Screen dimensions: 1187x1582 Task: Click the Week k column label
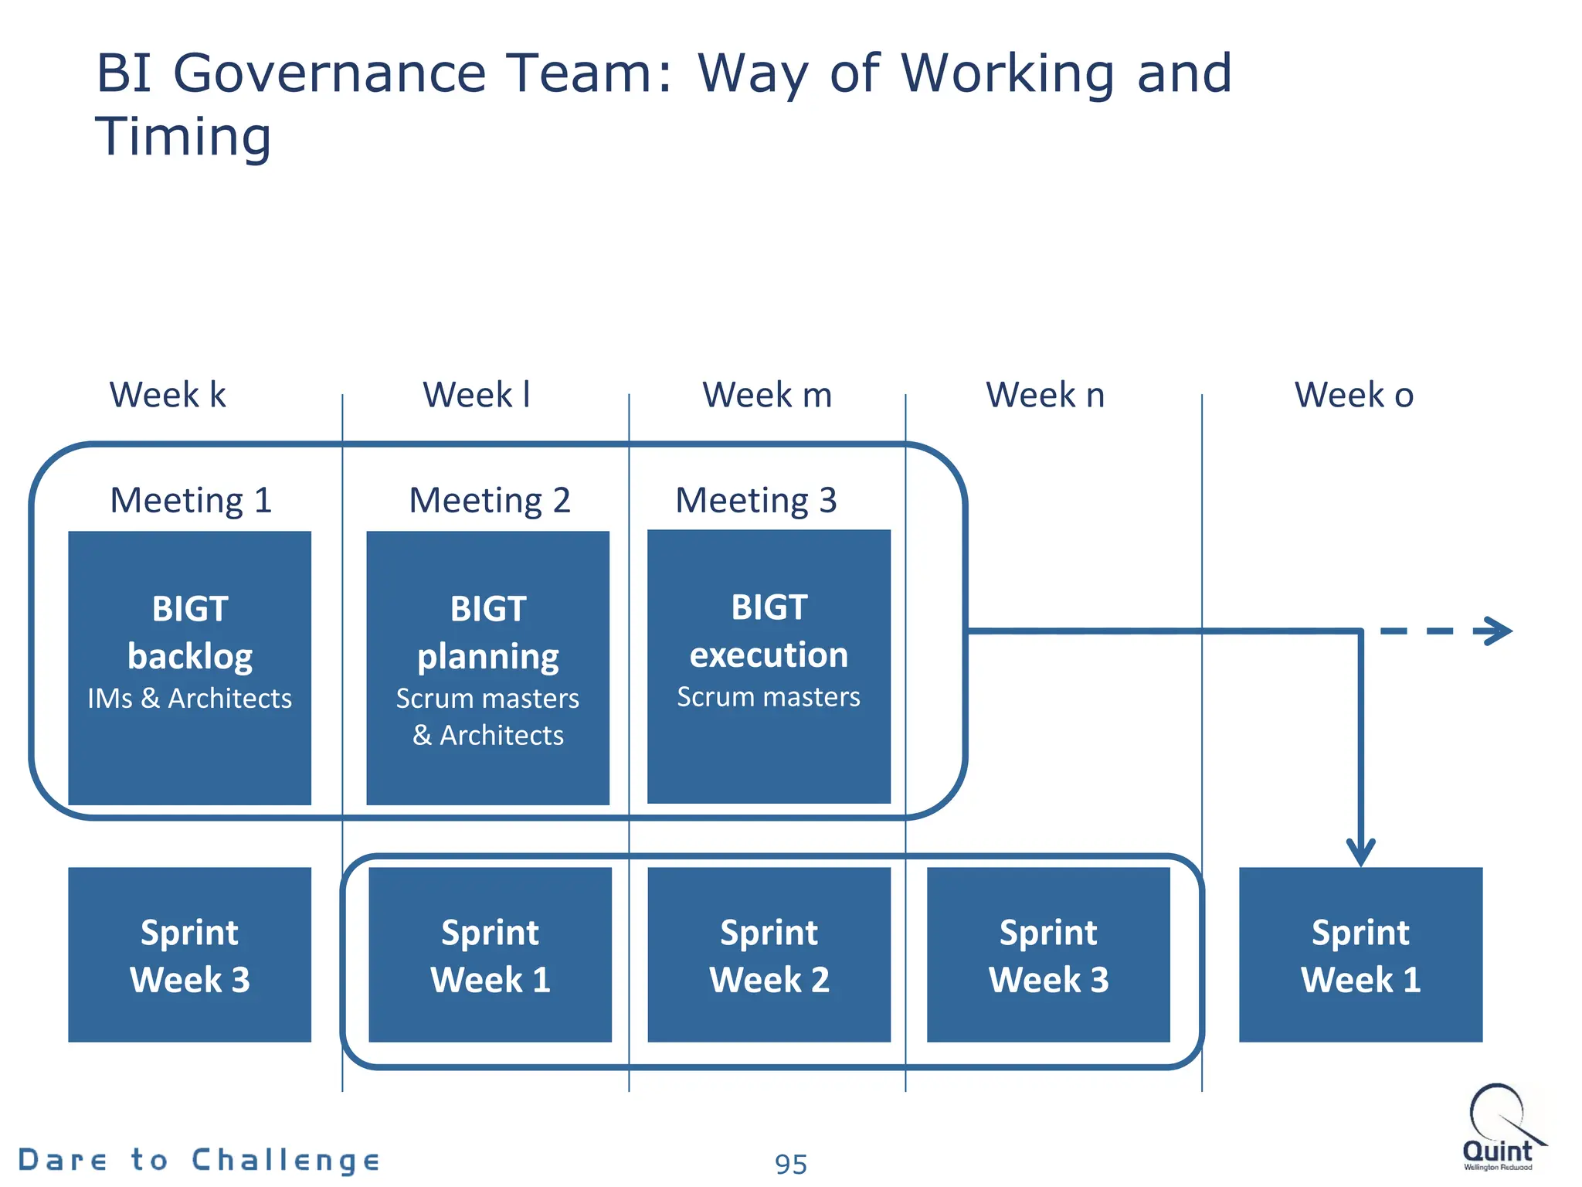point(168,395)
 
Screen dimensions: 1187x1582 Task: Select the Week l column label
point(477,395)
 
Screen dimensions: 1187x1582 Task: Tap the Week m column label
point(767,395)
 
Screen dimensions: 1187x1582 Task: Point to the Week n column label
point(1045,395)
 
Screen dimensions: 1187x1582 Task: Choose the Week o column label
point(1354,395)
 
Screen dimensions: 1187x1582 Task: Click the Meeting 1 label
point(191,500)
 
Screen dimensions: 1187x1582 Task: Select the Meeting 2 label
point(489,500)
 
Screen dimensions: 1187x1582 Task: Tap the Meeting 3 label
point(756,500)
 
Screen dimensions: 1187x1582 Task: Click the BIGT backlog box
point(189,668)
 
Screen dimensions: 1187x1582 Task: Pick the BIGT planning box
point(487,668)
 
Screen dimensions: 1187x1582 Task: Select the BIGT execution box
point(769,666)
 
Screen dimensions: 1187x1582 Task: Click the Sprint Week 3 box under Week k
point(189,954)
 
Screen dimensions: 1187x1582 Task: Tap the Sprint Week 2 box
point(769,954)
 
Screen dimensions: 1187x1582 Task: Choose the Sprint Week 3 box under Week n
point(1048,954)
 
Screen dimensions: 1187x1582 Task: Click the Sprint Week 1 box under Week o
point(1360,954)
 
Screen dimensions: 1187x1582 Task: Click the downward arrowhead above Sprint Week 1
point(1360,852)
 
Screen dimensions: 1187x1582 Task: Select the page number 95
point(790,1164)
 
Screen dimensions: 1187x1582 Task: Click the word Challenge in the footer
point(285,1160)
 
